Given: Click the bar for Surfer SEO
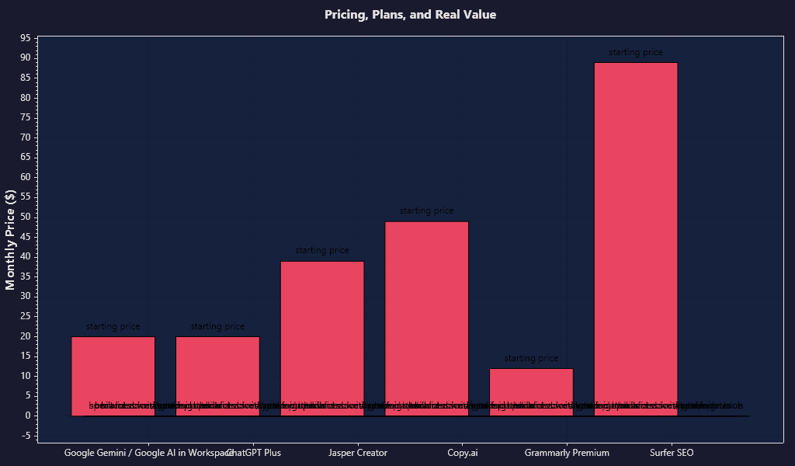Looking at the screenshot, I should click(635, 233).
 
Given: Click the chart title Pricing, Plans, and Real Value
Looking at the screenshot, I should click(410, 15).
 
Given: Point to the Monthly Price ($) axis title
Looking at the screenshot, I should click(10, 239).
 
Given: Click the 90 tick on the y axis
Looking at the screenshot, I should click(26, 58).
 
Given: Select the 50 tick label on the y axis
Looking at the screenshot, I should click(26, 217).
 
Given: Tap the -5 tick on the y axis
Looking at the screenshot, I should click(27, 436).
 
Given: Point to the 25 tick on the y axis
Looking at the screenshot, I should click(26, 316).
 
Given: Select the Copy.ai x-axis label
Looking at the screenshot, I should click(463, 452).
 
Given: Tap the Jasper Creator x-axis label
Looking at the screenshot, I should click(358, 452).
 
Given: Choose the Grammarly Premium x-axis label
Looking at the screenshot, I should click(567, 452).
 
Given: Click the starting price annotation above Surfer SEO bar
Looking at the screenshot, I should click(635, 53).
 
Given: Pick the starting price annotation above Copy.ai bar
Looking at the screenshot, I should click(426, 211).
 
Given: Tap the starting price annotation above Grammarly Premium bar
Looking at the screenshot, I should click(531, 359).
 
